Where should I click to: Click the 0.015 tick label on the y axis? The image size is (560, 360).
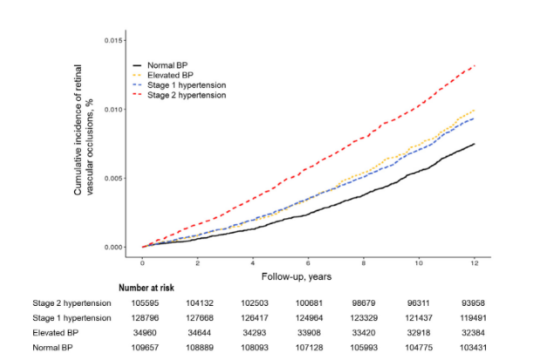point(115,40)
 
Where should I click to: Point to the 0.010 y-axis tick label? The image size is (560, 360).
point(115,109)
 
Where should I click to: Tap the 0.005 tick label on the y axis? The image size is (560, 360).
point(115,178)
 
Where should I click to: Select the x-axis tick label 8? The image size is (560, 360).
point(364,263)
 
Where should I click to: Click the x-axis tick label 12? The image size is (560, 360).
point(475,263)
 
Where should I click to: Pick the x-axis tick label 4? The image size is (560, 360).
point(253,263)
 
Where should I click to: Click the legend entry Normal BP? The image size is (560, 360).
point(160,65)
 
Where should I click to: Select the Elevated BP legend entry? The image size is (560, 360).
point(163,75)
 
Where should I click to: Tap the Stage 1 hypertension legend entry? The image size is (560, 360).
point(180,85)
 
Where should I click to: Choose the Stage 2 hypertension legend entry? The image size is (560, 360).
point(180,95)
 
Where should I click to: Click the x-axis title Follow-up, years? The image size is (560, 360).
point(297,276)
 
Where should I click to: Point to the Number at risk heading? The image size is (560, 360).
point(147,288)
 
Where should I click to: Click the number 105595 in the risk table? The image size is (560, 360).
point(145,303)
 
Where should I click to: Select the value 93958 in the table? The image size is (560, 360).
point(474,303)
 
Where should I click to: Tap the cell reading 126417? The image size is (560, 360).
point(255,318)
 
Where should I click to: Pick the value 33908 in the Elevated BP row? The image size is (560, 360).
point(309,333)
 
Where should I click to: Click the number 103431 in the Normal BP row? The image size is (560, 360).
point(474,348)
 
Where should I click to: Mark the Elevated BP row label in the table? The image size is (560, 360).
point(55,333)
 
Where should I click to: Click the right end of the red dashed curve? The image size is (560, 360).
point(475,65)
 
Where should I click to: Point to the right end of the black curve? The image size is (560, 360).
point(475,144)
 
